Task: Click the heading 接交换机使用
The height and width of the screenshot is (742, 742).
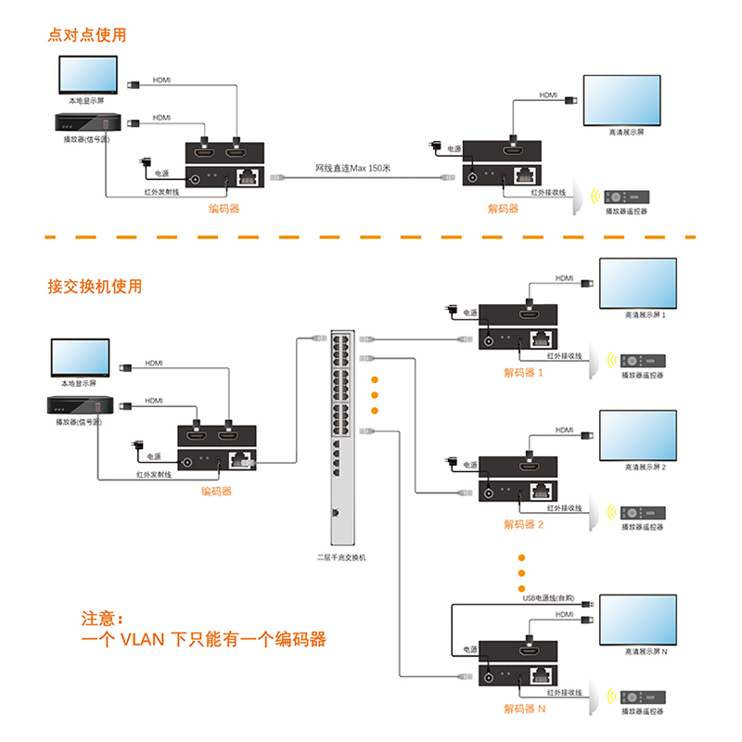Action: [x=96, y=286]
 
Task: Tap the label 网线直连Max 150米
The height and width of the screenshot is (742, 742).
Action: [x=353, y=168]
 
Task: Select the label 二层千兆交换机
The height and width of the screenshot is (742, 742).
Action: [x=341, y=557]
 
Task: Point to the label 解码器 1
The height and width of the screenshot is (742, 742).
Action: [x=523, y=373]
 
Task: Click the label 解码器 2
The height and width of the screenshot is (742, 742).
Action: [x=523, y=524]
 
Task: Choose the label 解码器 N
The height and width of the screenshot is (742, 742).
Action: [x=523, y=710]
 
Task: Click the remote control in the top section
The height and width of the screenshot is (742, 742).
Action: [x=626, y=198]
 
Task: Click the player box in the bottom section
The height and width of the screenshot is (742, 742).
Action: [x=80, y=404]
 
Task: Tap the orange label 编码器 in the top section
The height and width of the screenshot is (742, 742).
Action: [x=224, y=209]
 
